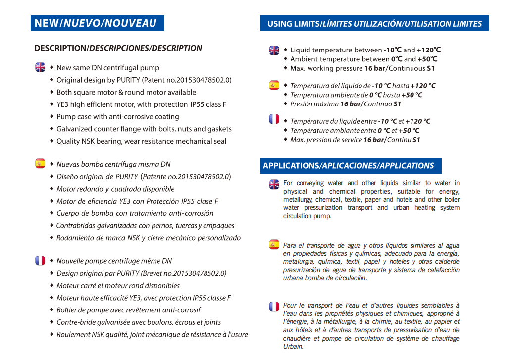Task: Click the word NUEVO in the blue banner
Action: pyautogui.click(x=82, y=23)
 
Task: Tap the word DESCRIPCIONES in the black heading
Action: pyautogui.click(x=119, y=48)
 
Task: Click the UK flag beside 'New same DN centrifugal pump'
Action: pyautogui.click(x=40, y=67)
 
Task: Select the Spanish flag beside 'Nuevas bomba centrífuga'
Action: pyautogui.click(x=40, y=164)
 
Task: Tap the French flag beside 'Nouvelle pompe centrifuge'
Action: pyautogui.click(x=40, y=260)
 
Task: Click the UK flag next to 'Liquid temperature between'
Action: pyautogui.click(x=274, y=50)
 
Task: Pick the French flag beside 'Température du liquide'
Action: pyautogui.click(x=274, y=119)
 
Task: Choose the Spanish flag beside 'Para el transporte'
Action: pyautogui.click(x=274, y=244)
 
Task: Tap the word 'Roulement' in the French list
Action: pyautogui.click(x=73, y=334)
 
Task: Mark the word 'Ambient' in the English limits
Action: pyautogui.click(x=304, y=59)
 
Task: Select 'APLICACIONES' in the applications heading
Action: pyautogui.click(x=349, y=166)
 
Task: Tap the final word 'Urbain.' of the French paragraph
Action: pyautogui.click(x=293, y=347)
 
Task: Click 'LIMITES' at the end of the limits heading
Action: pyautogui.click(x=464, y=24)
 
